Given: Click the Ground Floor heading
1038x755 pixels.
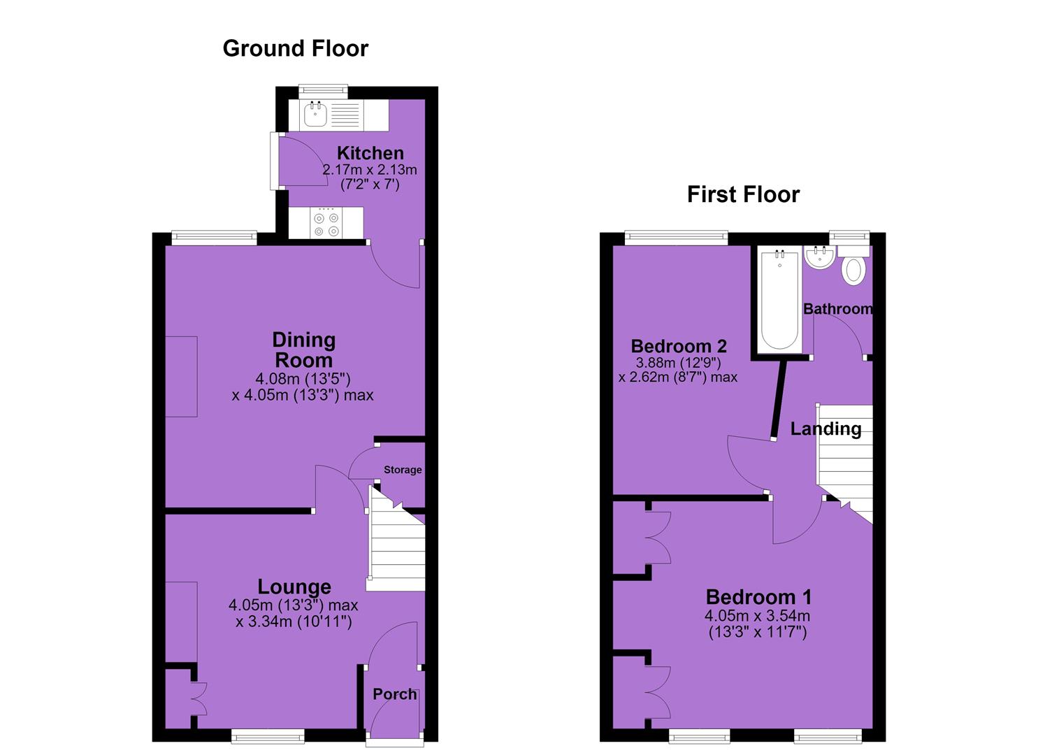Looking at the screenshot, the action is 295,49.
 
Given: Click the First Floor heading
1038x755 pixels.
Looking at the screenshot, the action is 743,194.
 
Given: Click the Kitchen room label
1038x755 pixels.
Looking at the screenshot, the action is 370,153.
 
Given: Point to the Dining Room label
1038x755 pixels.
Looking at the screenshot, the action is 303,350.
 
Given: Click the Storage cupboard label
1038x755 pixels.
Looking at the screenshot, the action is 403,470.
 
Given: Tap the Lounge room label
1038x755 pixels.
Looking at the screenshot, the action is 294,587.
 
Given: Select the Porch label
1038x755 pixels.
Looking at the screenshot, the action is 395,694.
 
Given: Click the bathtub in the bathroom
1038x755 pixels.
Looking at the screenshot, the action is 780,299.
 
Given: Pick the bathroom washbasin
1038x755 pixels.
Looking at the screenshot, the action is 820,257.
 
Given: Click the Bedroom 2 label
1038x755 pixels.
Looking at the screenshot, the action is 679,346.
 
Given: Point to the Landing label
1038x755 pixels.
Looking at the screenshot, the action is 826,429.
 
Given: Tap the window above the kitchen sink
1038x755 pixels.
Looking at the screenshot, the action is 323,92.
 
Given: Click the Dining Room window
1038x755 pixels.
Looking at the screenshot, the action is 214,238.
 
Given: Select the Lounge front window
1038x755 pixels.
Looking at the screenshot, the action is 268,736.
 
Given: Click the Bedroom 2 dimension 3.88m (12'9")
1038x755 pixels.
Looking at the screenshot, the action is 678,362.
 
